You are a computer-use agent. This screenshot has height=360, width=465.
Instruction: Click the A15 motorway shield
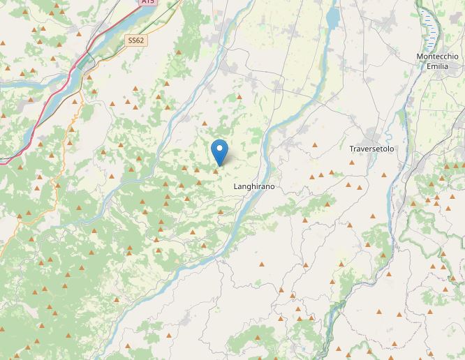[148, 2]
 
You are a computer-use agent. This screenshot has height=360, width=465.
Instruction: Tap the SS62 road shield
[135, 41]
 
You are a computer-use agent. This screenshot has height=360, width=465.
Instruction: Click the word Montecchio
[437, 57]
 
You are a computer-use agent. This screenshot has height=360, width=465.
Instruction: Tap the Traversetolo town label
[371, 149]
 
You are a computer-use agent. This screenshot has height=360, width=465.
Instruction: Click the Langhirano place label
[253, 188]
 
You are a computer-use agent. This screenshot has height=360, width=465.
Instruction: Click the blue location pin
[219, 150]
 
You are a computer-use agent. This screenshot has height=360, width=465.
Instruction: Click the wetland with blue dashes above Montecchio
[429, 27]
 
